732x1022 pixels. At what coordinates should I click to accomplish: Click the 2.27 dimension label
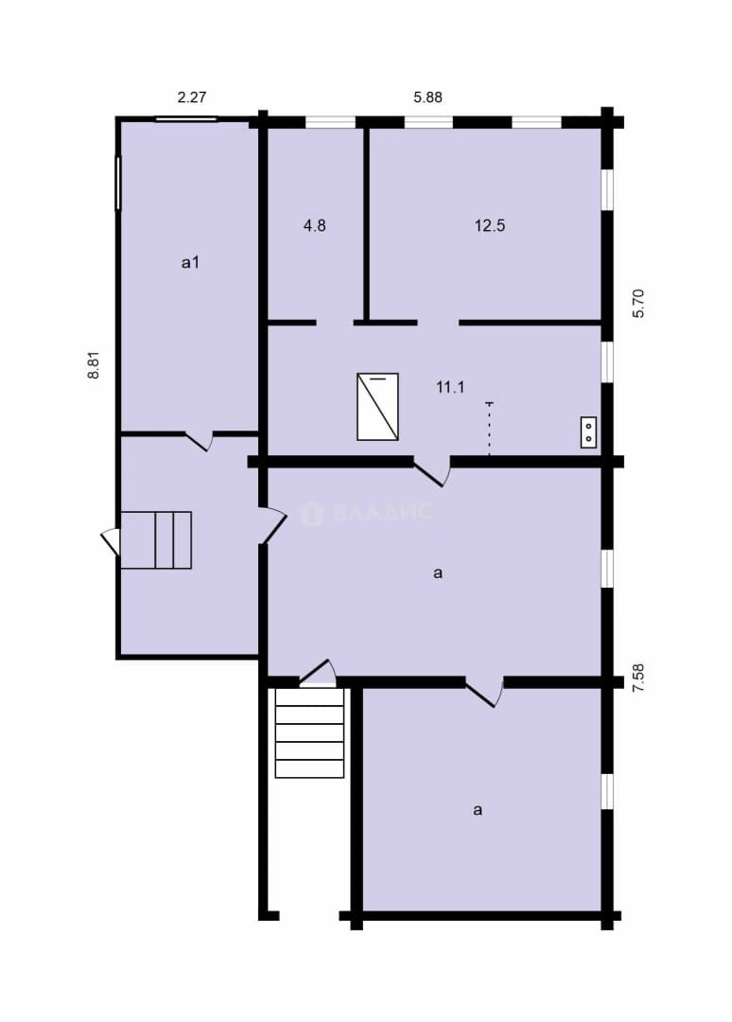[x=192, y=97]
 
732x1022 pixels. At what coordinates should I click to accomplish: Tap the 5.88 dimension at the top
[x=427, y=97]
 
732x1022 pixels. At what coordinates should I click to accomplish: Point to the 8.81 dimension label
[x=95, y=365]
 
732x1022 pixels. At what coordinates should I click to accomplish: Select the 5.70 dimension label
[x=638, y=303]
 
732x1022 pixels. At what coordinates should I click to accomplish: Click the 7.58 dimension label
[x=638, y=678]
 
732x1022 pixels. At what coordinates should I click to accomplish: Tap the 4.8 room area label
[x=315, y=226]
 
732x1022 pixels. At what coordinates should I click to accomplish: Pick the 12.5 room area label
[x=490, y=226]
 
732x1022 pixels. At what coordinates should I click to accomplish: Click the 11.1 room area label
[x=450, y=388]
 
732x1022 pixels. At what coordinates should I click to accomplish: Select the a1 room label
[x=190, y=263]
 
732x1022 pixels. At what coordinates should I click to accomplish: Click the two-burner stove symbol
[x=589, y=432]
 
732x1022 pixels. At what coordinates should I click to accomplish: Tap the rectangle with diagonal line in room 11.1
[x=377, y=407]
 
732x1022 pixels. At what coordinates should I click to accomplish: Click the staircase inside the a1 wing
[x=156, y=540]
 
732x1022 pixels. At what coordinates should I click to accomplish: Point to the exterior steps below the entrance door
[x=309, y=732]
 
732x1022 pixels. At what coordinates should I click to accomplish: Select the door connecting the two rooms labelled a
[x=484, y=692]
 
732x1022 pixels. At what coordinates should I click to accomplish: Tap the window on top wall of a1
[x=186, y=119]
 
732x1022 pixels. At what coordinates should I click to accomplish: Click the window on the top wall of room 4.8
[x=330, y=122]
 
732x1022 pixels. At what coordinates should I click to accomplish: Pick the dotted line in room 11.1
[x=489, y=429]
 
